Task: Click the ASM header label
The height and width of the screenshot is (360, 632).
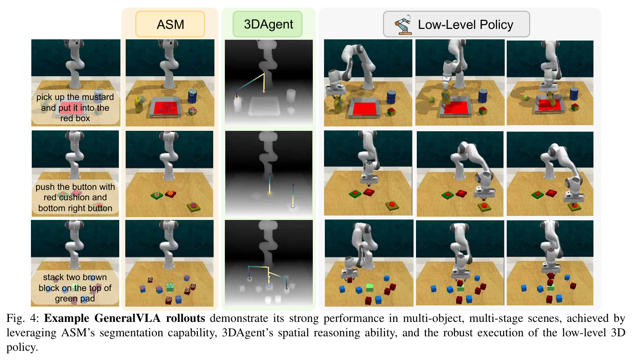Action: [170, 24]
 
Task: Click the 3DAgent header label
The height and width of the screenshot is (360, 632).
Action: [268, 24]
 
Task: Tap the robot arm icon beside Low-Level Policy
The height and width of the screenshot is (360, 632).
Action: [403, 25]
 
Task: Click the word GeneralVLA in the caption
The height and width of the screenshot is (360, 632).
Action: [127, 318]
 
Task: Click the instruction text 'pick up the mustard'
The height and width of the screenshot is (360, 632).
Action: [75, 97]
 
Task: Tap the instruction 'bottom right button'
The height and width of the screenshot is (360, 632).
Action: [75, 208]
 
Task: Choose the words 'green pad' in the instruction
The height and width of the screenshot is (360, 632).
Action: [75, 299]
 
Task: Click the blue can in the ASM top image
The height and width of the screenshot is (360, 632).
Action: [192, 96]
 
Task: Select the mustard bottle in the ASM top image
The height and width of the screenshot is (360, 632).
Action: [139, 104]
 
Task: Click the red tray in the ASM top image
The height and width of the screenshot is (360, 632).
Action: [165, 108]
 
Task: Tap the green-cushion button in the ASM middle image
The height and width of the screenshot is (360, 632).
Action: [157, 195]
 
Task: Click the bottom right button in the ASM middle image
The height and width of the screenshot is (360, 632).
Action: [194, 207]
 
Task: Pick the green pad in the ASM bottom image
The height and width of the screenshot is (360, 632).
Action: [170, 287]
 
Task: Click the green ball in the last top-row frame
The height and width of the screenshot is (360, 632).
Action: [525, 98]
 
